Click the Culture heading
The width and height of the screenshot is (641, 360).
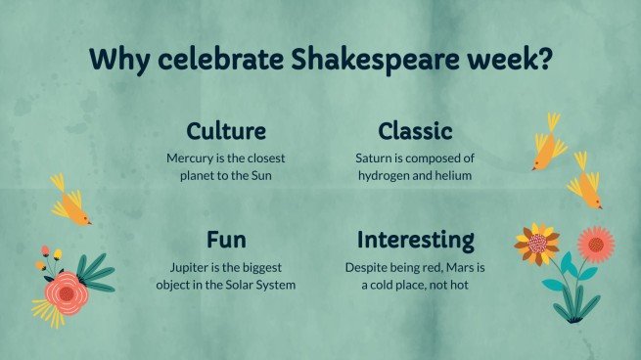pyautogui.click(x=226, y=131)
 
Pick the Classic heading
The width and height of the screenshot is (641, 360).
pyautogui.click(x=415, y=131)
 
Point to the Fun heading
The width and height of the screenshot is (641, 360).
pyautogui.click(x=226, y=241)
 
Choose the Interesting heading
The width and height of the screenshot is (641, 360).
pyautogui.click(x=415, y=241)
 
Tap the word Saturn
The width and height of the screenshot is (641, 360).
pyautogui.click(x=376, y=157)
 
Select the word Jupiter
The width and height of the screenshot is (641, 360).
pyautogui.click(x=186, y=266)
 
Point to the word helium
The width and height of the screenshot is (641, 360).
pyautogui.click(x=456, y=175)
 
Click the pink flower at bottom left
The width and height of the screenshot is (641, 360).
pyautogui.click(x=67, y=290)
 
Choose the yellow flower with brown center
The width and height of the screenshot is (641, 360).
pyautogui.click(x=536, y=244)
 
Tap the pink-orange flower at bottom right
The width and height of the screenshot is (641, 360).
pyautogui.click(x=594, y=243)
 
